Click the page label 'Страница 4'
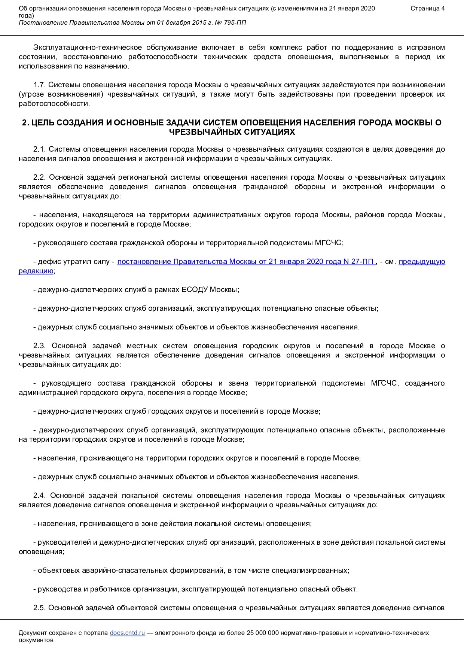click(427, 9)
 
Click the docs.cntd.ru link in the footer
click(127, 633)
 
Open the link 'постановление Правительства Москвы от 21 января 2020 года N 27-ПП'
click(246, 262)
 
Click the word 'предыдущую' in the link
click(422, 262)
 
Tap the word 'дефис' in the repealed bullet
click(47, 262)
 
